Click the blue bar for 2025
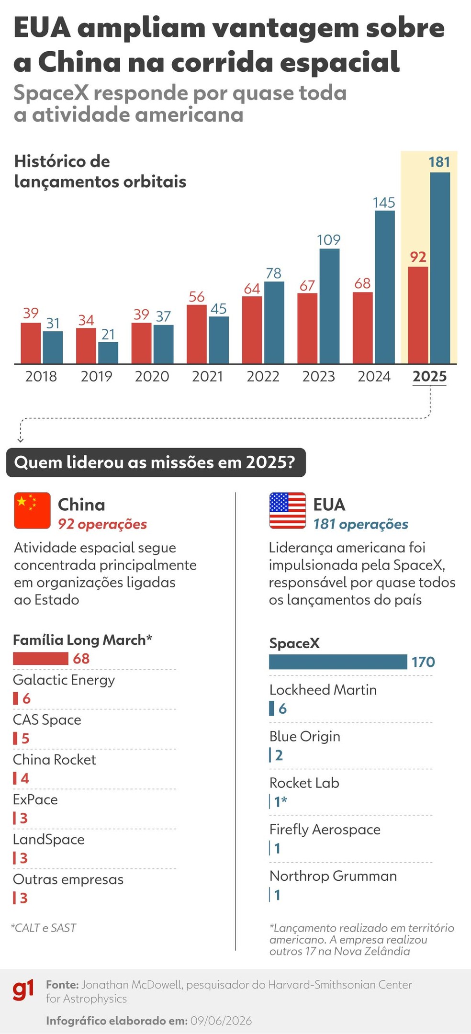pyautogui.click(x=440, y=268)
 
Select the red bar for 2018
pyautogui.click(x=31, y=343)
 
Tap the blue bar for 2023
pyautogui.click(x=329, y=306)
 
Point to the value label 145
pyautogui.click(x=384, y=202)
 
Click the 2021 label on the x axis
pyautogui.click(x=207, y=376)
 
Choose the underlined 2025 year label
pyautogui.click(x=429, y=377)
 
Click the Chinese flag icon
pyautogui.click(x=32, y=510)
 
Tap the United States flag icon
pyautogui.click(x=287, y=510)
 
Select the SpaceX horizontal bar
pyautogui.click(x=338, y=662)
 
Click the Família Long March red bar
pyautogui.click(x=41, y=659)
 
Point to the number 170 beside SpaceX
pyautogui.click(x=423, y=662)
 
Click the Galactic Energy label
pyautogui.click(x=64, y=680)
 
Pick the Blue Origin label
pyautogui.click(x=304, y=736)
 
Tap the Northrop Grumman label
pyautogui.click(x=333, y=876)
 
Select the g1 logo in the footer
pyautogui.click(x=23, y=990)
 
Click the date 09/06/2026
pyautogui.click(x=221, y=1021)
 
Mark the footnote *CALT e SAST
pyautogui.click(x=44, y=928)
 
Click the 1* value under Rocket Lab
pyautogui.click(x=280, y=801)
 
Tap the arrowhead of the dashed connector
pyautogui.click(x=20, y=439)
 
